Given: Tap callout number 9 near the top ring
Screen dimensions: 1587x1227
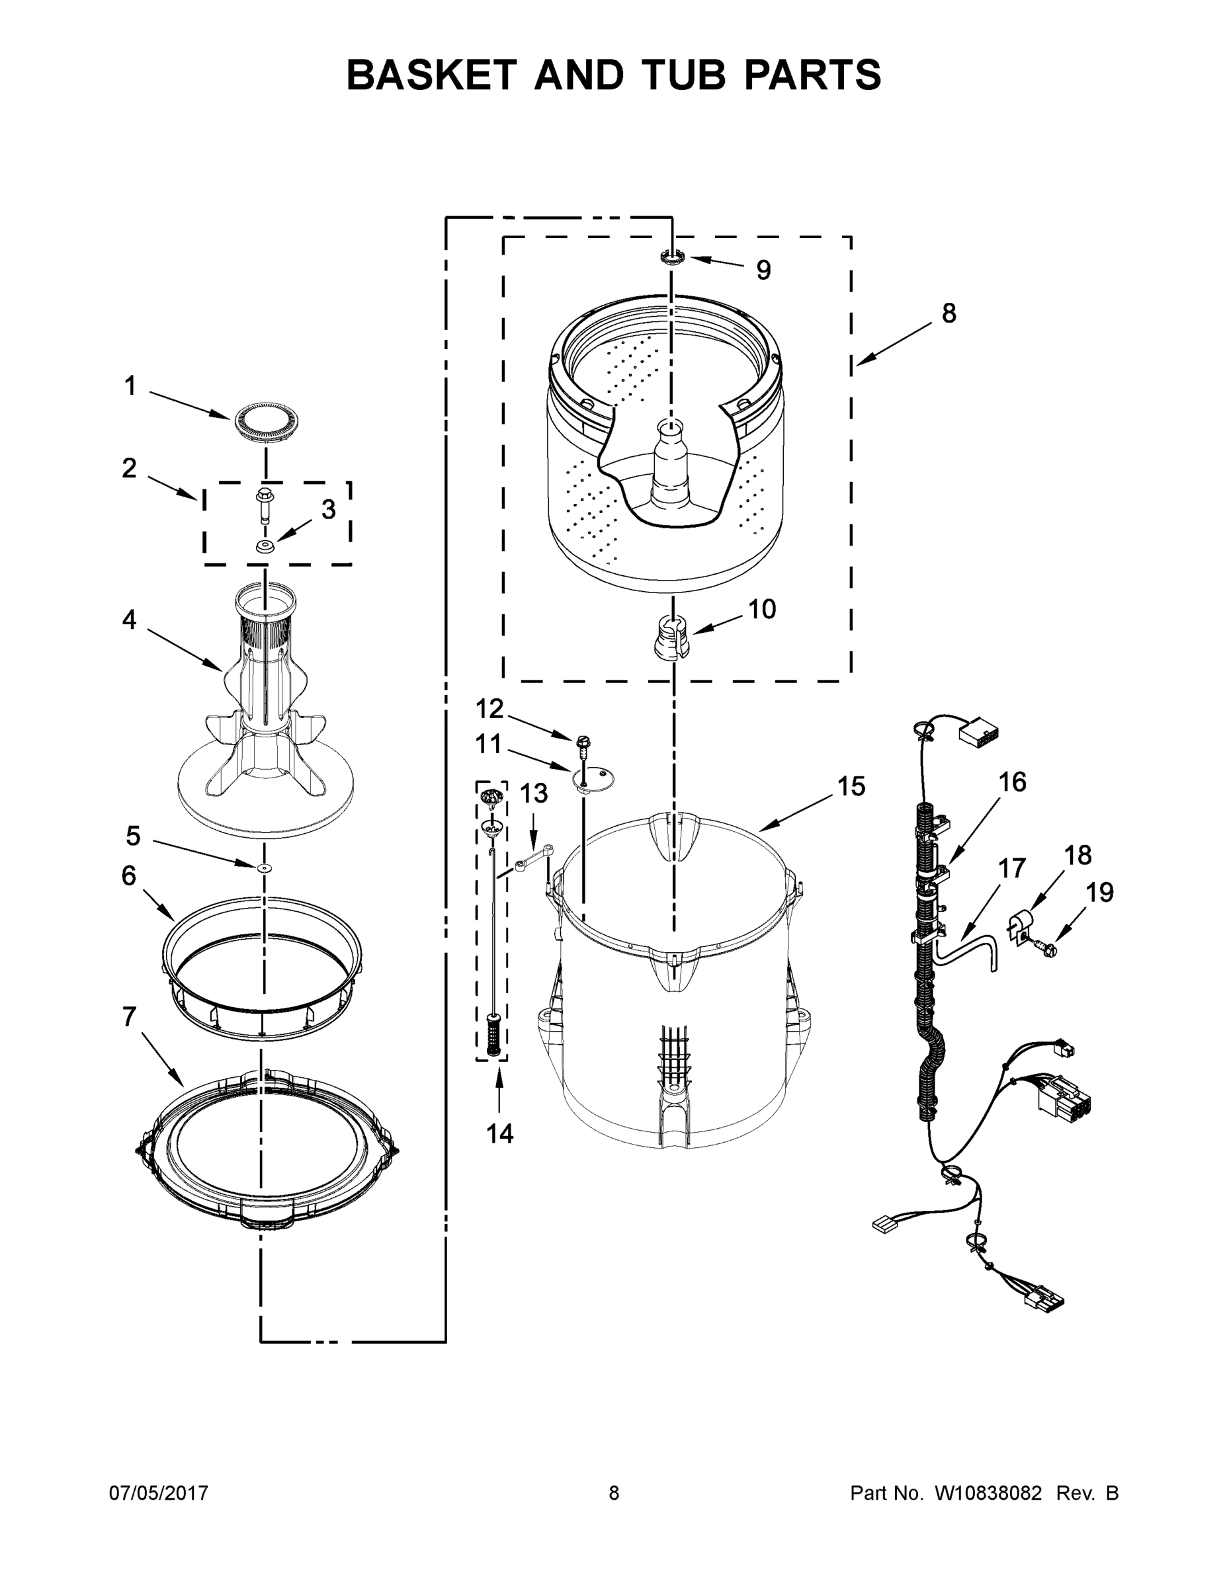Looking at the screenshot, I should (x=763, y=270).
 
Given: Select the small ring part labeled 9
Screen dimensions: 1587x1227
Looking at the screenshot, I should (x=673, y=257).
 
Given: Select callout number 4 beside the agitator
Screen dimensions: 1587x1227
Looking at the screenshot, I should (x=129, y=620).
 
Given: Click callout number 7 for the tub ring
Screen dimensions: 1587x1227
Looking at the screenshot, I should (x=129, y=1016).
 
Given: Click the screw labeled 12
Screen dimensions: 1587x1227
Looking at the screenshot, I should (x=582, y=742).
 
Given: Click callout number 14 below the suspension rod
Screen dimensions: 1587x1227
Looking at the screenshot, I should (x=499, y=1133).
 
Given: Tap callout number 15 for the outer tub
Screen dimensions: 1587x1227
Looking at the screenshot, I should (x=851, y=786).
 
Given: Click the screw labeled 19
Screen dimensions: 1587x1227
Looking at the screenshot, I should (x=1048, y=948).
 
